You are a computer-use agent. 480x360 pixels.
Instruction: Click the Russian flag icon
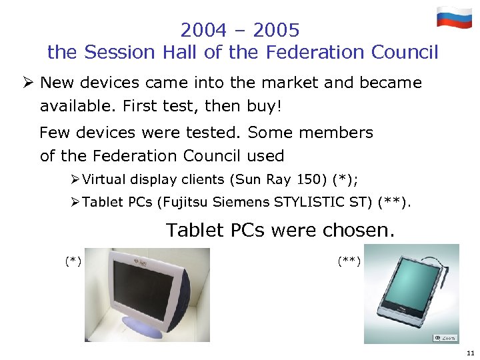click(x=454, y=17)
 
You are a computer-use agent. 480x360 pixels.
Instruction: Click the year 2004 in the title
click(x=203, y=31)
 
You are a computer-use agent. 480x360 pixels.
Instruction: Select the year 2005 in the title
click(x=277, y=31)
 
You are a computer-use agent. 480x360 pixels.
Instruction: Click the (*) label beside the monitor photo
click(x=73, y=261)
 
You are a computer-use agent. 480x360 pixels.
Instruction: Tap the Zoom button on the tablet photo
click(x=445, y=337)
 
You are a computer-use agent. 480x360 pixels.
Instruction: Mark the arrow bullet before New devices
click(x=27, y=83)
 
